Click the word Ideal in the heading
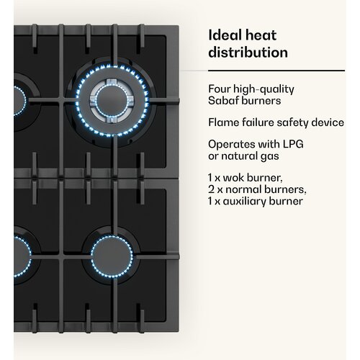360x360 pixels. pyautogui.click(x=225, y=35)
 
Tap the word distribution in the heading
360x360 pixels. pyautogui.click(x=248, y=53)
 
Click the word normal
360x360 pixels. pyautogui.click(x=243, y=189)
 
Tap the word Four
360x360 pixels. pyautogui.click(x=219, y=89)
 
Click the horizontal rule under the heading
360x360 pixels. pyautogui.click(x=276, y=71)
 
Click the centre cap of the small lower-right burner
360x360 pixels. pyautogui.click(x=112, y=256)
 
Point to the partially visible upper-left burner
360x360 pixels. pyautogui.click(x=20, y=102)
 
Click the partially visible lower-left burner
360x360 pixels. pyautogui.click(x=22, y=256)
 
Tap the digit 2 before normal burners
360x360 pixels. pyautogui.click(x=211, y=189)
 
